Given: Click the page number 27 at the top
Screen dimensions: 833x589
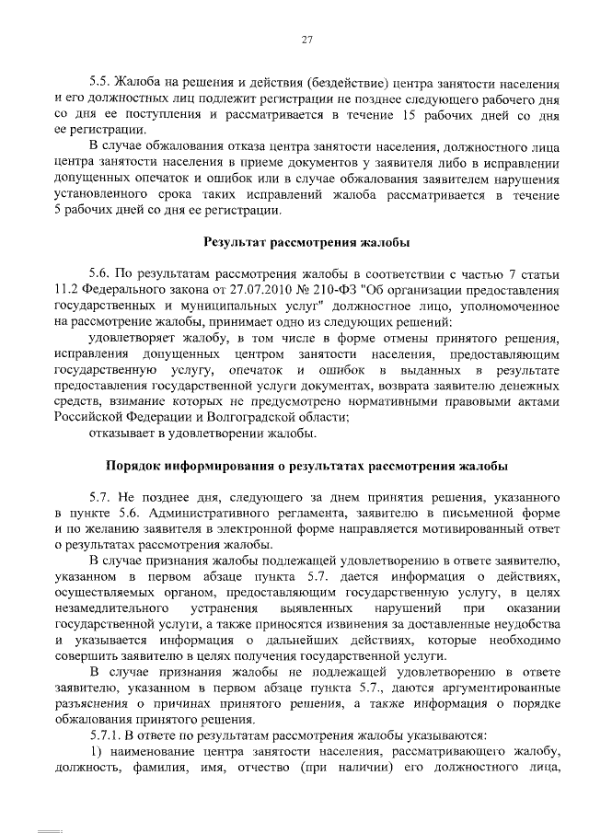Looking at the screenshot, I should coord(308,38).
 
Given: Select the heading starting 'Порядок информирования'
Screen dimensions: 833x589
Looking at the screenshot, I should coord(307,467).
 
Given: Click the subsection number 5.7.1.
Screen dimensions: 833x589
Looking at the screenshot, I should coord(106,735).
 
